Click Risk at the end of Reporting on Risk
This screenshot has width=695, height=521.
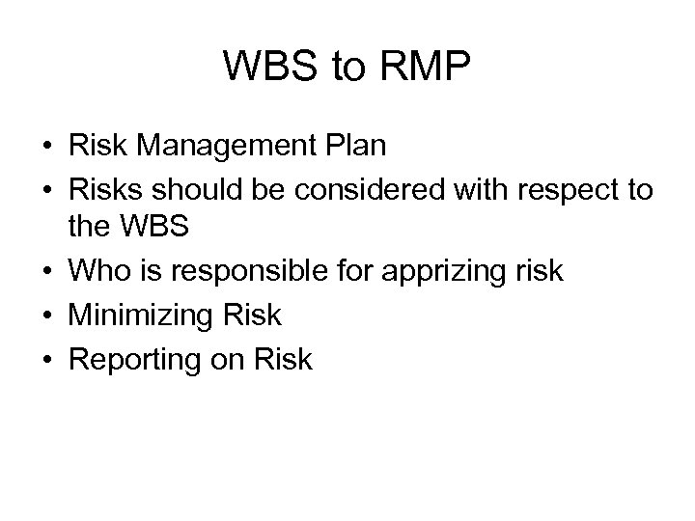point(281,359)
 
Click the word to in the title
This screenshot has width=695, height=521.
point(341,67)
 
